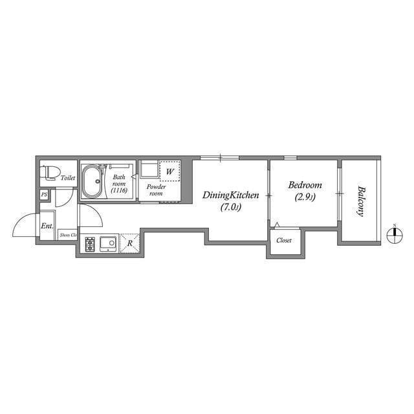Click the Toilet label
click(x=68, y=177)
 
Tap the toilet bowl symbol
click(x=50, y=173)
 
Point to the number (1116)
click(x=118, y=191)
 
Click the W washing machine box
click(x=169, y=171)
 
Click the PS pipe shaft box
click(x=44, y=194)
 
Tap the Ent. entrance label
click(x=47, y=226)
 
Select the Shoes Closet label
click(x=68, y=235)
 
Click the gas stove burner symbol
click(x=89, y=244)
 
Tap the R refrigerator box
click(x=130, y=243)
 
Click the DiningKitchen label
click(x=231, y=195)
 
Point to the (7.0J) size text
click(x=231, y=208)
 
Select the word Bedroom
click(x=303, y=184)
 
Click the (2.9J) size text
click(x=304, y=197)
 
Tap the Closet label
click(x=284, y=240)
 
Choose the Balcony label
click(x=360, y=201)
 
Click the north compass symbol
click(x=394, y=237)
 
